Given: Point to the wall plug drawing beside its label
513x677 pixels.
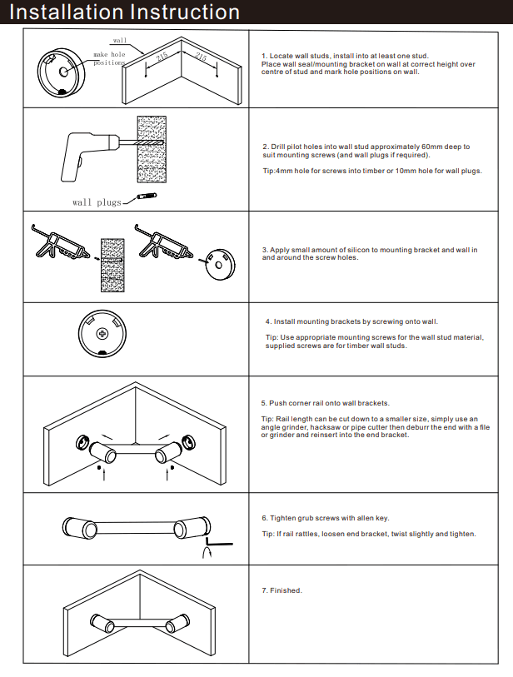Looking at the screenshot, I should [148, 197].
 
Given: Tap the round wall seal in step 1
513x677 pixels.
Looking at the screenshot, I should [63, 68].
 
